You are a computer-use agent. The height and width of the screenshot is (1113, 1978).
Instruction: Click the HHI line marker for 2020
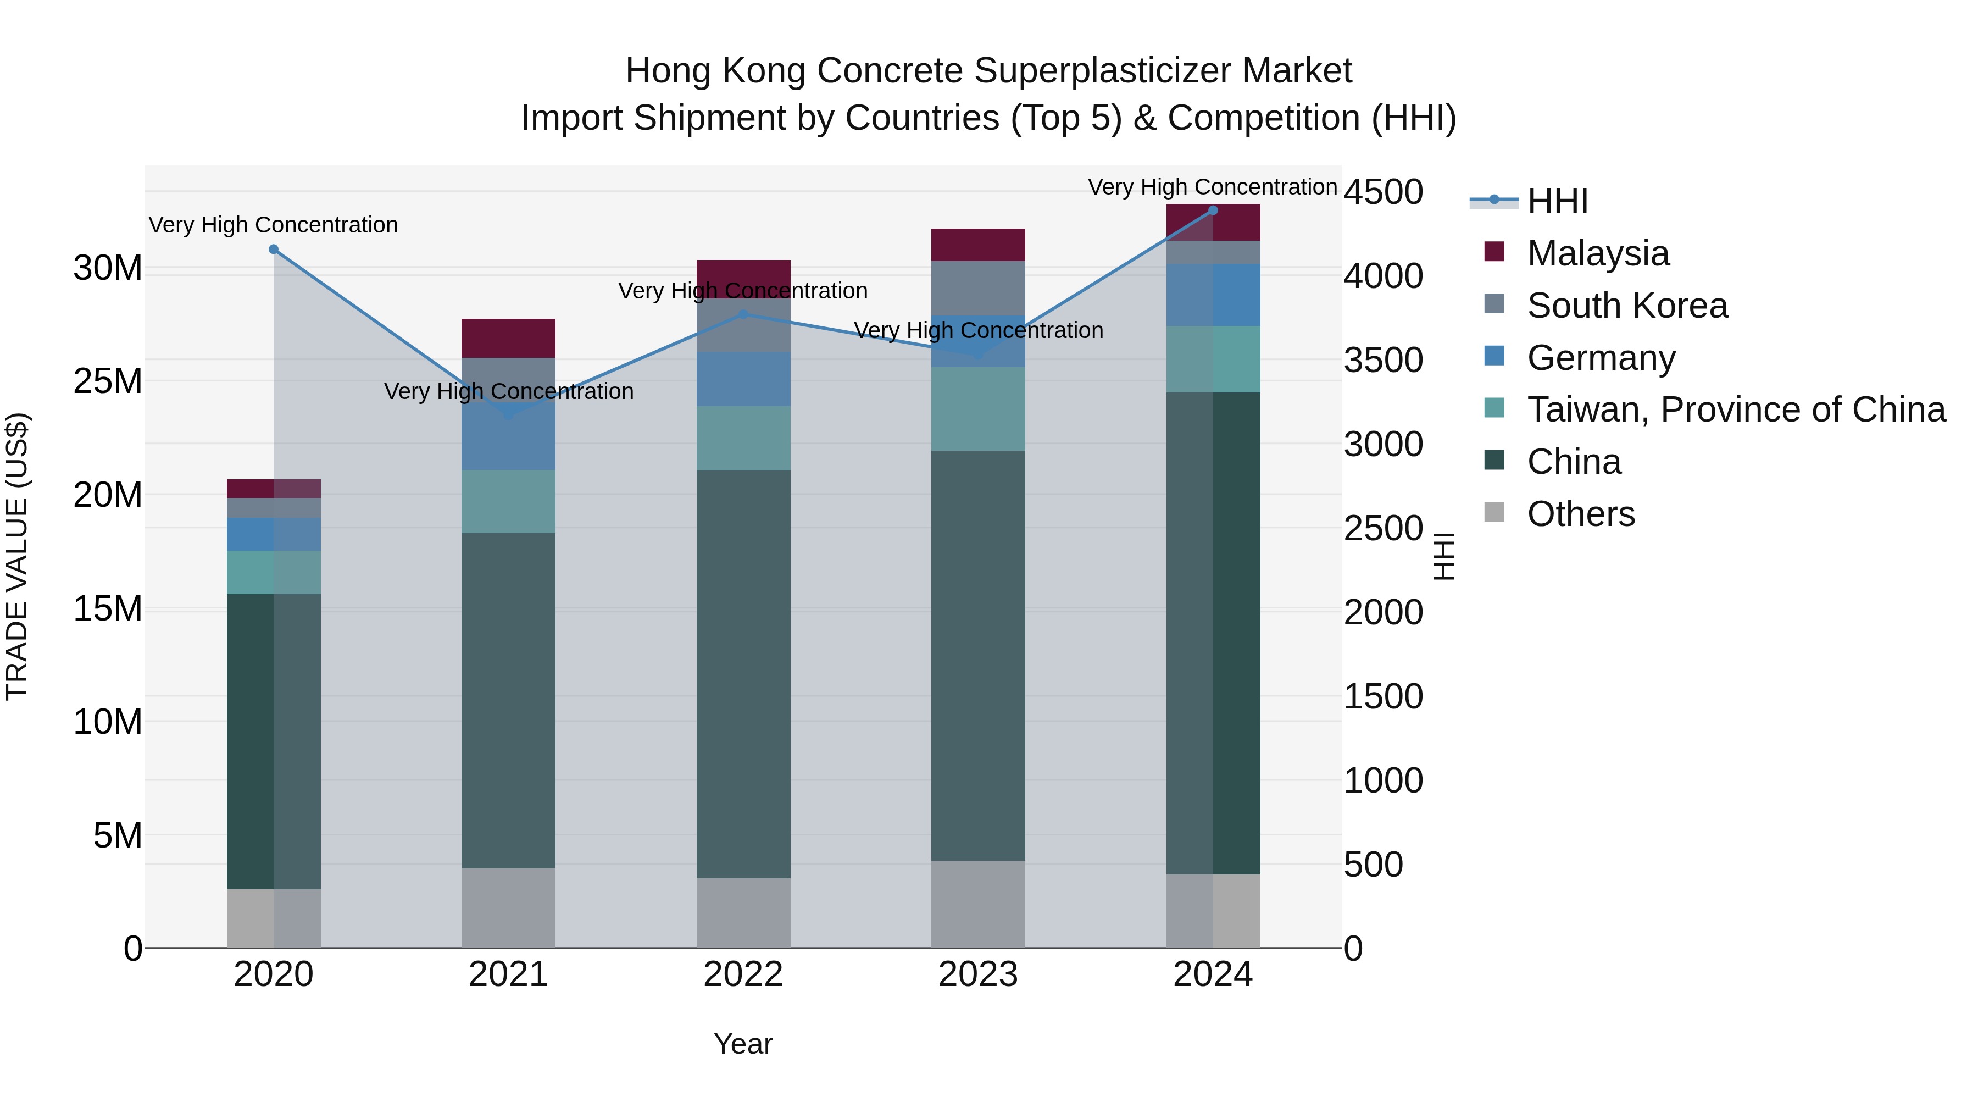coord(274,250)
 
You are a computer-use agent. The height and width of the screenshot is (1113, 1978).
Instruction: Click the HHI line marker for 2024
coord(1213,210)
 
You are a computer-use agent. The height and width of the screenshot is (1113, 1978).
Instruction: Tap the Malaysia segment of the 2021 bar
coord(508,338)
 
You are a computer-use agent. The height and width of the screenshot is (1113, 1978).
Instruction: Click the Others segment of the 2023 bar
coord(978,904)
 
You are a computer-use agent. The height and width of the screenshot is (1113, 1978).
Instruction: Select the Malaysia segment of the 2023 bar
coord(978,244)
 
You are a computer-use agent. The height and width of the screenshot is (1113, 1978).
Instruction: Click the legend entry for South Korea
coord(1627,306)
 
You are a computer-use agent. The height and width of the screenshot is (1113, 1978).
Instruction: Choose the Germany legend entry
coord(1601,358)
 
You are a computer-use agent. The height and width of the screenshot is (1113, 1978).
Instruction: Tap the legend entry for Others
coord(1580,514)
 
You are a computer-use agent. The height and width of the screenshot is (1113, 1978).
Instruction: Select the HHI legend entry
coord(1557,201)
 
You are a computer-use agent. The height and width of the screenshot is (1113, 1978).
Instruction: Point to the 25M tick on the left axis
coord(108,381)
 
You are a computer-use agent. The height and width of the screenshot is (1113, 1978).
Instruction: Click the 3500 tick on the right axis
coord(1383,360)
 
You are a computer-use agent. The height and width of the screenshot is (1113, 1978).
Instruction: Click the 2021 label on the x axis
coord(508,974)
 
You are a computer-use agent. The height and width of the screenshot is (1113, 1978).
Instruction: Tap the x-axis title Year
coord(742,1044)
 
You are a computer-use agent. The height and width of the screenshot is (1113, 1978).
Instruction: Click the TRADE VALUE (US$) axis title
coord(17,556)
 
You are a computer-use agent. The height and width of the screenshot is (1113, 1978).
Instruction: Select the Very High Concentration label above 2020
coord(274,225)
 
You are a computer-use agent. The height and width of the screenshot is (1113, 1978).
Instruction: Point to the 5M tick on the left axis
coord(118,835)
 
